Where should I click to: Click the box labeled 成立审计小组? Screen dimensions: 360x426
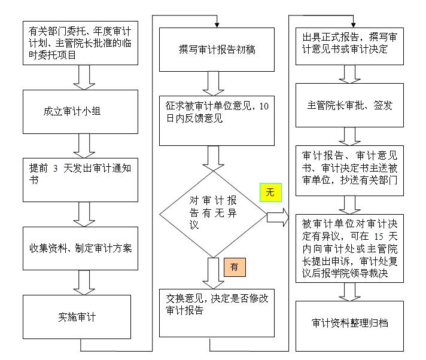click(x=81, y=112)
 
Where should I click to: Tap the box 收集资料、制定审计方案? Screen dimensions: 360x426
click(x=81, y=248)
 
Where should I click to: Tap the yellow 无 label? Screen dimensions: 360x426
click(x=270, y=193)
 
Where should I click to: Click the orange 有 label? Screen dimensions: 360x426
click(x=234, y=267)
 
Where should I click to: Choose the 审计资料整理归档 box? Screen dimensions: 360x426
click(x=350, y=324)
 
